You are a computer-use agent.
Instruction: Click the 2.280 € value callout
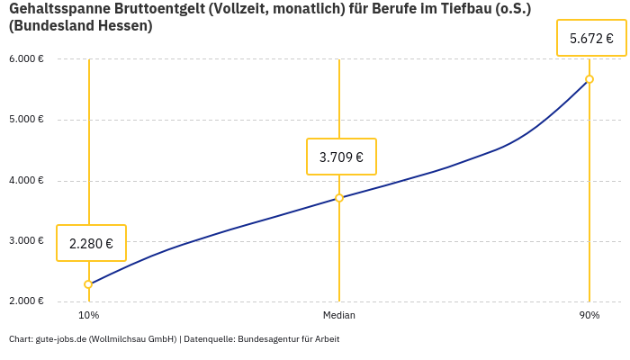[91, 243]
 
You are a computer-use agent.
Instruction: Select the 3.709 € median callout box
[341, 157]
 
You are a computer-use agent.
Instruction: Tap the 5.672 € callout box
[591, 39]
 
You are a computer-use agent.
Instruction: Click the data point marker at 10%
[88, 284]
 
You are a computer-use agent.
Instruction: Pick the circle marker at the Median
[339, 198]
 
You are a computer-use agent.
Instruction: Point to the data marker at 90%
[589, 79]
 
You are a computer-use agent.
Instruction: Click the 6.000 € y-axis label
[26, 59]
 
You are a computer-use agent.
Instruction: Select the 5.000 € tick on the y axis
[26, 120]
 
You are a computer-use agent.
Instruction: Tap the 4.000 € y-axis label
[26, 180]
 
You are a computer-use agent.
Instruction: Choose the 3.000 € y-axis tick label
[26, 240]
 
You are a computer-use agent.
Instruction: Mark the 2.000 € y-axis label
[26, 301]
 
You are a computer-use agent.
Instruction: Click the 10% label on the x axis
[88, 316]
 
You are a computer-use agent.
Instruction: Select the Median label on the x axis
[339, 316]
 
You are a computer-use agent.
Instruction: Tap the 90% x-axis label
[589, 316]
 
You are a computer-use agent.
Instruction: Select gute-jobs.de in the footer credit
[60, 339]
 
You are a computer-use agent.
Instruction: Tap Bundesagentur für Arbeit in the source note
[289, 339]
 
